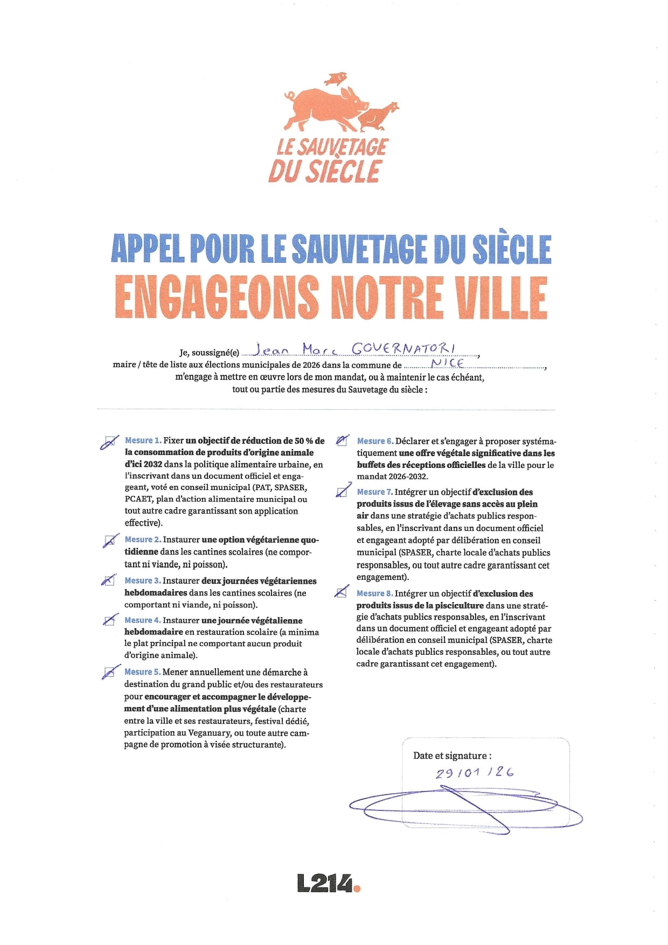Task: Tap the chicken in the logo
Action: coord(377,116)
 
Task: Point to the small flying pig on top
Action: coord(335,79)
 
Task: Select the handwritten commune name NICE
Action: coord(447,362)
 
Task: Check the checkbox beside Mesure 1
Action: coord(109,442)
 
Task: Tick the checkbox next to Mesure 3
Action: coord(109,580)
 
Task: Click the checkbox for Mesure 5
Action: coord(110,672)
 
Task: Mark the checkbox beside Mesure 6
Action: coord(342,441)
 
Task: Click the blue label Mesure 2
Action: coord(143,540)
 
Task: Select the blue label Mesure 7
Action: coord(374,492)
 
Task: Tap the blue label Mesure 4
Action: coord(142,620)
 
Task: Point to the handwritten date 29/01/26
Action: coord(475,773)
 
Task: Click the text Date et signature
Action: coord(452,755)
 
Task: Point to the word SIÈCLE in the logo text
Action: coord(345,171)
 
